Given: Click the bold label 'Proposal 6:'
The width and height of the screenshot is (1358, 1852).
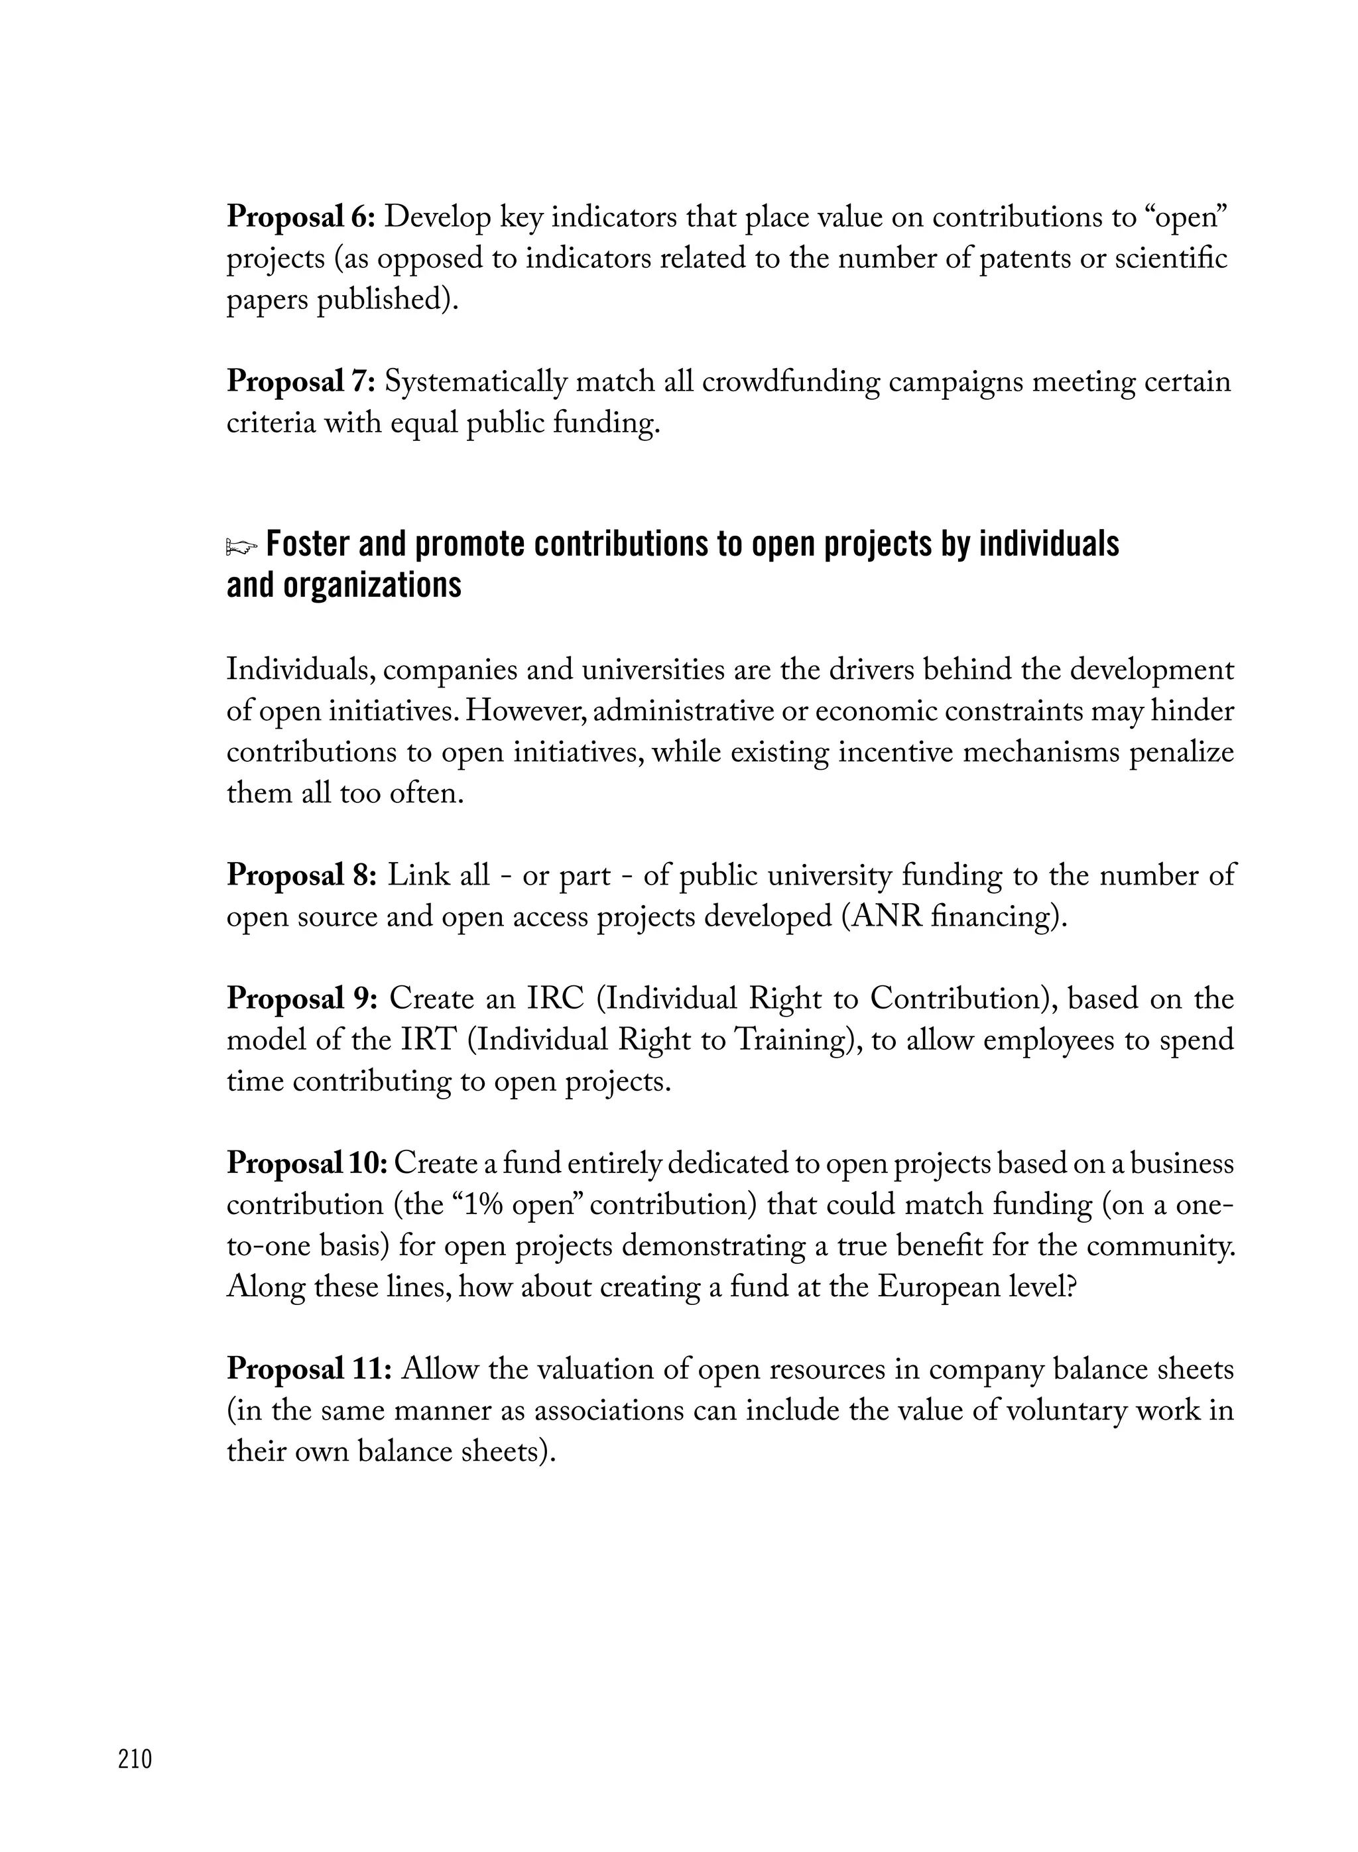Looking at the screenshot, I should (x=301, y=218).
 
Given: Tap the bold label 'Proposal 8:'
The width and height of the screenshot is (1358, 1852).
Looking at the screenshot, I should (x=302, y=876).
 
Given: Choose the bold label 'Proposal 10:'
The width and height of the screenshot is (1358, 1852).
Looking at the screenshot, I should (x=306, y=1164).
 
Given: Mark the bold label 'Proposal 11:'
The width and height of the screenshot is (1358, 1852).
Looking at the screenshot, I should (x=308, y=1369).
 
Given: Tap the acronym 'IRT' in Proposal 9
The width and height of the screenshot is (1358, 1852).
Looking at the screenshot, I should (x=428, y=1040).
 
